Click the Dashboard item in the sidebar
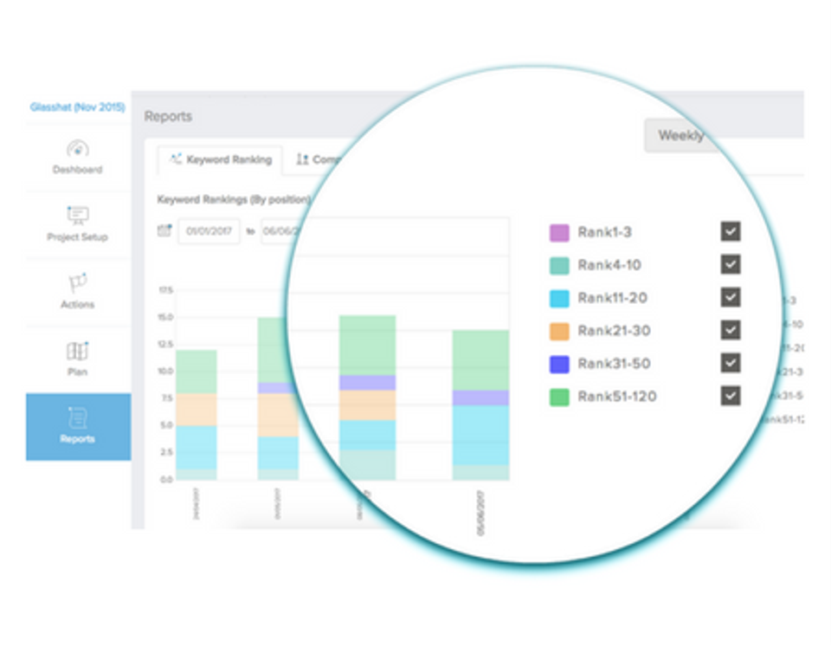click(77, 157)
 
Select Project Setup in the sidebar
click(77, 223)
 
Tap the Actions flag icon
click(78, 283)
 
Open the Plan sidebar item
click(77, 358)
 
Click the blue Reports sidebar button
click(78, 426)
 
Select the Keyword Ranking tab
click(221, 160)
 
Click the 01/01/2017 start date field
click(209, 231)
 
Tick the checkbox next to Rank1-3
click(731, 231)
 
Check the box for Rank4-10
click(731, 264)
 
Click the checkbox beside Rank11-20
click(731, 297)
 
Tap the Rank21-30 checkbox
click(731, 330)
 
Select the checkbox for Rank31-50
click(731, 363)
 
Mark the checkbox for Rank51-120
click(731, 396)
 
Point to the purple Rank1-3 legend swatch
click(559, 232)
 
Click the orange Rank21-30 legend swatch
click(559, 331)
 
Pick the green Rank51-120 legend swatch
click(559, 397)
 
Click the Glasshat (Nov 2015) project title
click(77, 108)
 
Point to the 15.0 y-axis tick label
click(164, 317)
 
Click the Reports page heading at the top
click(168, 116)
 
